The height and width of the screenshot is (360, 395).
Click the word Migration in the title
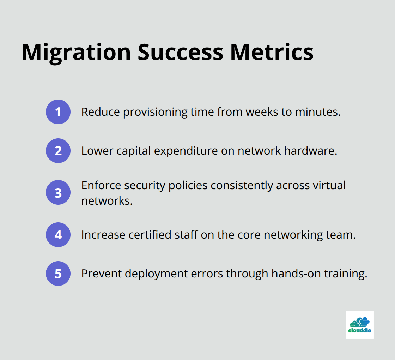(76, 52)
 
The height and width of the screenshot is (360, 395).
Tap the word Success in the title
(180, 52)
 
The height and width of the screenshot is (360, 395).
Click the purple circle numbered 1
(58, 112)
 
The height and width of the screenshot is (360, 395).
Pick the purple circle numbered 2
(58, 151)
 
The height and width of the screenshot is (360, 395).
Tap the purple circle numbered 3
(58, 193)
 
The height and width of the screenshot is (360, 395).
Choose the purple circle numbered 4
(58, 235)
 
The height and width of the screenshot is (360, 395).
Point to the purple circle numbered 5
(58, 274)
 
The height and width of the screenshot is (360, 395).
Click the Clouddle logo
(359, 325)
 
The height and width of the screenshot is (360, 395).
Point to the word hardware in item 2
(311, 151)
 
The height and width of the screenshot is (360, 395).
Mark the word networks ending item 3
(107, 201)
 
